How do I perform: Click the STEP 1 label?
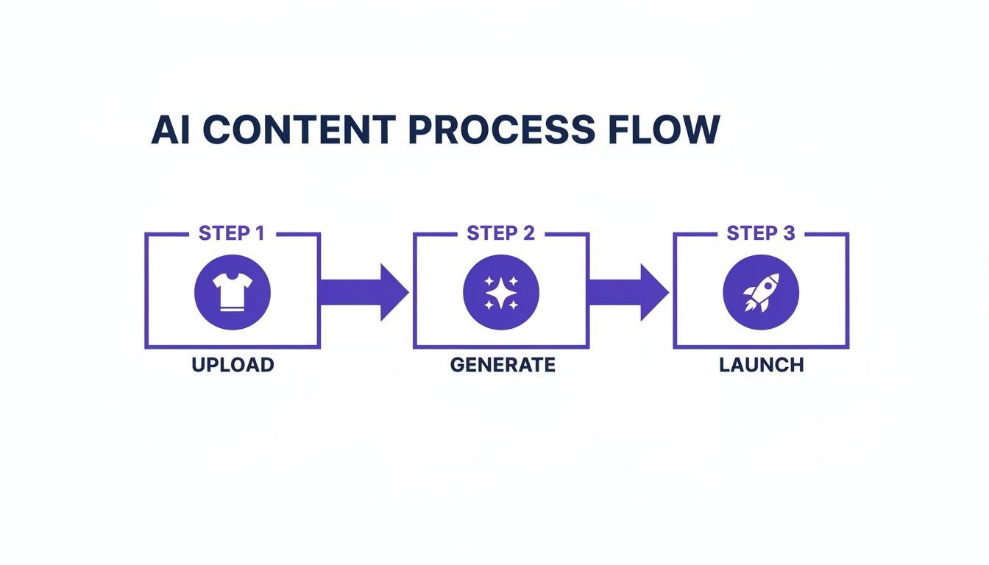click(x=231, y=233)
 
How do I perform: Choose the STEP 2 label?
click(x=500, y=233)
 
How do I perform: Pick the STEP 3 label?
click(x=761, y=233)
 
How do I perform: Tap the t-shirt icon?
click(x=232, y=292)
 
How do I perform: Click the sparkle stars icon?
click(x=500, y=292)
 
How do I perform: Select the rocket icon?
click(x=761, y=292)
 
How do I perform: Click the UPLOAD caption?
click(x=233, y=365)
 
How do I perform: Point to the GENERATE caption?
click(x=503, y=365)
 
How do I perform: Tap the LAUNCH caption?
click(x=761, y=365)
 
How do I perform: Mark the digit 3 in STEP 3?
click(x=788, y=233)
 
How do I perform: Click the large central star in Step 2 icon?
click(x=500, y=294)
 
